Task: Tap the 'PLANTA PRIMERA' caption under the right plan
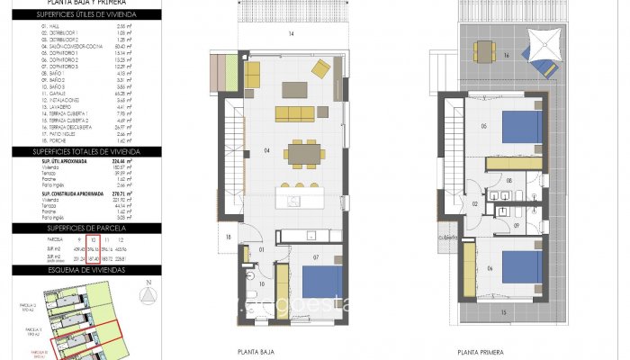coord(479,353)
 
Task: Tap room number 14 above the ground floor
coord(292,33)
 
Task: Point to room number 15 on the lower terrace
coord(504,312)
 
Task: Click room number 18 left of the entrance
coord(229,237)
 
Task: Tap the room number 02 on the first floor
coord(473,204)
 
